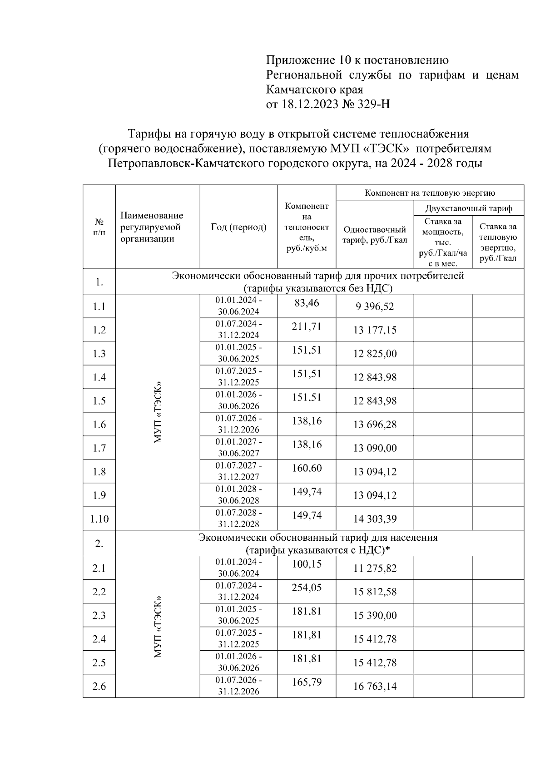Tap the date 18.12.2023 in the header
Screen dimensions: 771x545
tap(309, 105)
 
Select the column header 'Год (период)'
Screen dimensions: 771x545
tap(238, 227)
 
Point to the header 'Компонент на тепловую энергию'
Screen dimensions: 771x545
tap(430, 193)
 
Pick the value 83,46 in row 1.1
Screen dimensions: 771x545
tap(307, 303)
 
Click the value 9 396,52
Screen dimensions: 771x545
tap(375, 306)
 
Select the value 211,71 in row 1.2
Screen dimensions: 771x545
tap(307, 326)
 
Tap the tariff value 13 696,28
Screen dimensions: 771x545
tap(375, 425)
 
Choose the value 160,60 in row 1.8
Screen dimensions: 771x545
tap(307, 468)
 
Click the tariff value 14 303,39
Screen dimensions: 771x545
tap(375, 519)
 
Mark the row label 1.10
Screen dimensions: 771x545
tap(99, 519)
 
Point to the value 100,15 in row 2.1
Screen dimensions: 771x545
tap(307, 564)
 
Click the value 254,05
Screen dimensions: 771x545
tap(307, 588)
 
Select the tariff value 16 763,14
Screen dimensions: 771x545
tap(375, 687)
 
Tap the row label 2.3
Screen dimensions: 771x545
tap(99, 616)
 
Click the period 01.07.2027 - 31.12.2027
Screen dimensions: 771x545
tap(238, 471)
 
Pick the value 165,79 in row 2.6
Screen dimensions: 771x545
tap(307, 682)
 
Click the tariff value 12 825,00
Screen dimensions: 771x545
tap(375, 354)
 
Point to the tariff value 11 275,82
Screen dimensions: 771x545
tap(375, 568)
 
